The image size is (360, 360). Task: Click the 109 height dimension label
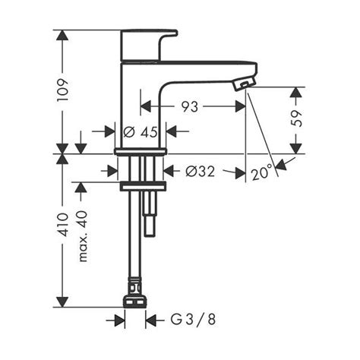62,90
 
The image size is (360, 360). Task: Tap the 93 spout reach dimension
190,106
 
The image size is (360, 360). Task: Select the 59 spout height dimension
296,118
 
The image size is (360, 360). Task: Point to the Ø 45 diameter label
141,131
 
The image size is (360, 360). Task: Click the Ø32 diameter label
201,172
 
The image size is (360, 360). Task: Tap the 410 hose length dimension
62,225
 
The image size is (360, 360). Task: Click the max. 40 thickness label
83,236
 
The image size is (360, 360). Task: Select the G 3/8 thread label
193,320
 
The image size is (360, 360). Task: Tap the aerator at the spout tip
244,84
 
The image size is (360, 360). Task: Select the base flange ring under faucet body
141,152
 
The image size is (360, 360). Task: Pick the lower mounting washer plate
143,186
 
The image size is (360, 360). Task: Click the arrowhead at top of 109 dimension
62,35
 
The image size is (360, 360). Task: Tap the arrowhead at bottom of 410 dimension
62,302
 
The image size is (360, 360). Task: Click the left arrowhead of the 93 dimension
146,106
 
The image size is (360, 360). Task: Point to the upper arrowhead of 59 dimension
295,92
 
